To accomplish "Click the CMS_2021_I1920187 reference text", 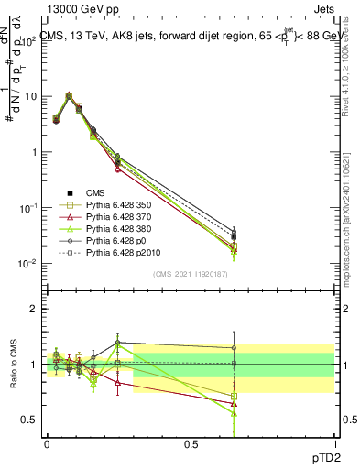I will [190, 274].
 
